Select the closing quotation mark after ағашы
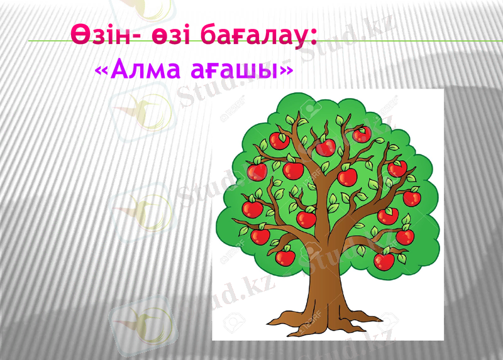pyautogui.click(x=285, y=70)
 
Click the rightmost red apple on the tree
pyautogui.click(x=411, y=199)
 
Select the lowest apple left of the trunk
pyautogui.click(x=286, y=256)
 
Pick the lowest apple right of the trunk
pyautogui.click(x=384, y=261)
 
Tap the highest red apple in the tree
pyautogui.click(x=361, y=134)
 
